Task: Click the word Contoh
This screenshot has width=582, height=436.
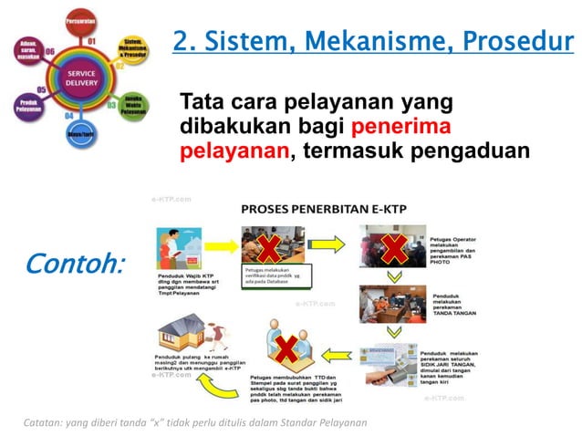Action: coord(76,264)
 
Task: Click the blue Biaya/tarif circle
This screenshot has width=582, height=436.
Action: coord(82,135)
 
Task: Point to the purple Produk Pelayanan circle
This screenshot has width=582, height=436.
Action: coord(28,106)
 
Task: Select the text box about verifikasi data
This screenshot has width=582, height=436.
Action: coord(275,275)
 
